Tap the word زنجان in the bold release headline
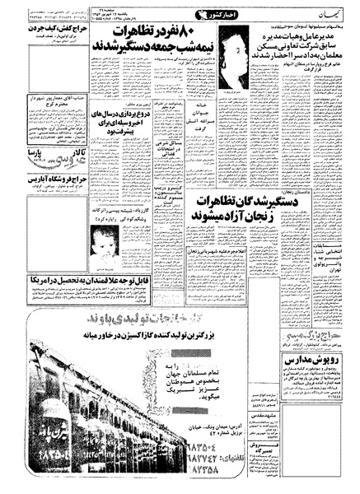(x=260, y=217)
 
